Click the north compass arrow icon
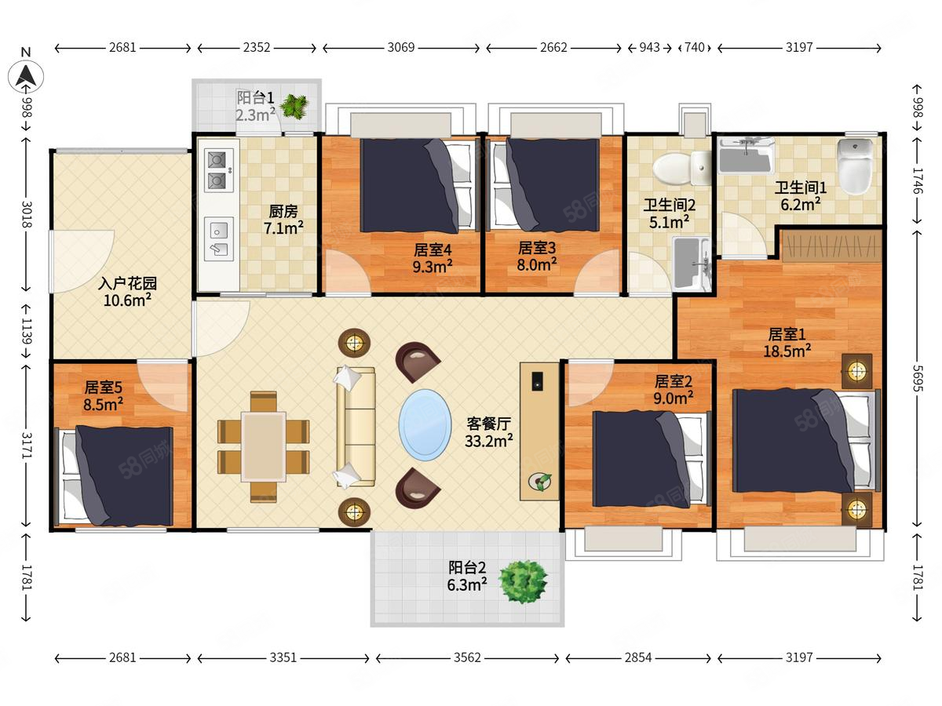(26, 77)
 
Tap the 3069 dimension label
(401, 47)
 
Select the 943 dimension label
(649, 47)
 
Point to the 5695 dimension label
(917, 378)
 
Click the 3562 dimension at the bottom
(467, 657)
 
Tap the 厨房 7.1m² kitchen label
(283, 220)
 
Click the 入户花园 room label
(127, 283)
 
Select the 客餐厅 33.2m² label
(489, 432)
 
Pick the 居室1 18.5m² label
(787, 343)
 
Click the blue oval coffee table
(425, 425)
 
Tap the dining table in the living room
(264, 446)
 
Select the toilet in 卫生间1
(856, 166)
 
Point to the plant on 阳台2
(523, 582)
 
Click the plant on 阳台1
(294, 106)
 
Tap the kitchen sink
(219, 239)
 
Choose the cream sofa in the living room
(356, 427)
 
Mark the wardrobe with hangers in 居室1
(831, 246)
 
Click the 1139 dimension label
(26, 331)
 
